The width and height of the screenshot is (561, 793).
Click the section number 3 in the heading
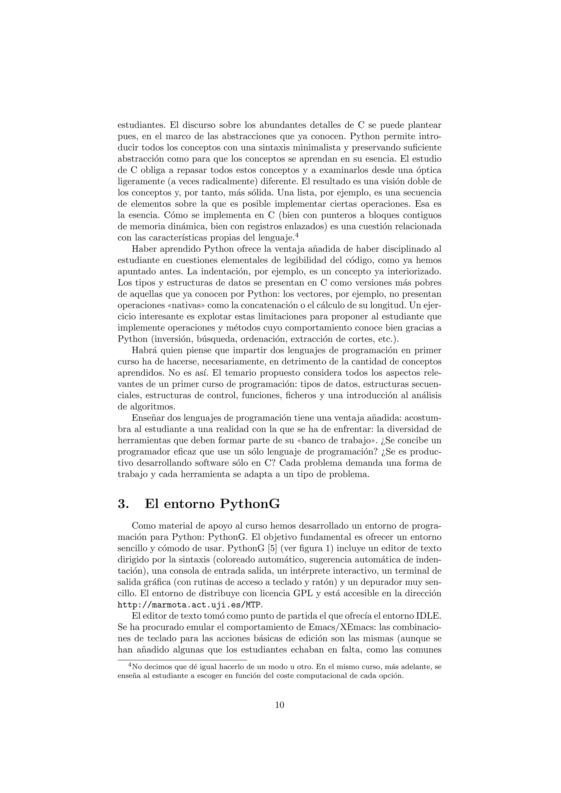pos(123,504)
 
